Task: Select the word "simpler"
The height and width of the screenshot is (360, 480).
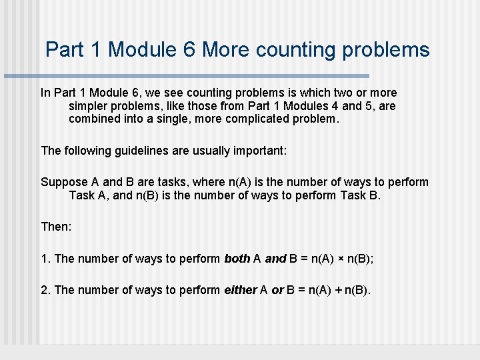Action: (89, 107)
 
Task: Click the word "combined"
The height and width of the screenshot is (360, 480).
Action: (94, 120)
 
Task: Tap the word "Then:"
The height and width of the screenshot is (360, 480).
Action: (56, 227)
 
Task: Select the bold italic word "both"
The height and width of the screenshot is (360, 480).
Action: (237, 258)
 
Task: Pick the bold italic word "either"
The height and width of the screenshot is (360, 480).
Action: (240, 289)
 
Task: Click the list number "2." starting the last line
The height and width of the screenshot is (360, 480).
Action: (46, 289)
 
